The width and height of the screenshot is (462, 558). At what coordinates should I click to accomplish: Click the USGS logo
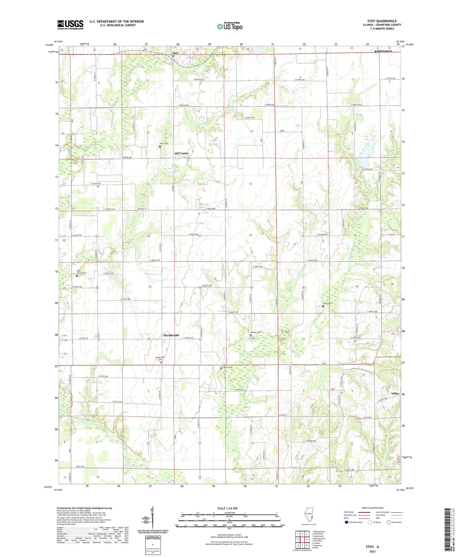coord(70,25)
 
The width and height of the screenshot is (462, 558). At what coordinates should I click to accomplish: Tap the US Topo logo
coord(230,26)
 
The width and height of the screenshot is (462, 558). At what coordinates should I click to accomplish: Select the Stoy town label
coord(175,53)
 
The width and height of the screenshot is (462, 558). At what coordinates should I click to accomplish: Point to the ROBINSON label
coord(383,51)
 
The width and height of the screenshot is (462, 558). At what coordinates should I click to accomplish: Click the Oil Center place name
coord(182,153)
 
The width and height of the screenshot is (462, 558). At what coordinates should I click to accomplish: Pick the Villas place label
coord(395,393)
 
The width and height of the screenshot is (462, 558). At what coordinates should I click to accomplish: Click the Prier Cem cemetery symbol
coord(160,146)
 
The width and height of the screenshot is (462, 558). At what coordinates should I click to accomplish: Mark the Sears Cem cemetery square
coord(323,306)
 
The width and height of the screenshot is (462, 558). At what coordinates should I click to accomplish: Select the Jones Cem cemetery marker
coord(221,368)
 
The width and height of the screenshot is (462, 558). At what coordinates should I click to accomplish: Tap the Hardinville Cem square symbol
coord(161,362)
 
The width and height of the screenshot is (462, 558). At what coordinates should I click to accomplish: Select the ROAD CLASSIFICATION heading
coord(373,508)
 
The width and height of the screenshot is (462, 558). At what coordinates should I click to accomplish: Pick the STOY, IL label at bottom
coord(372,547)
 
